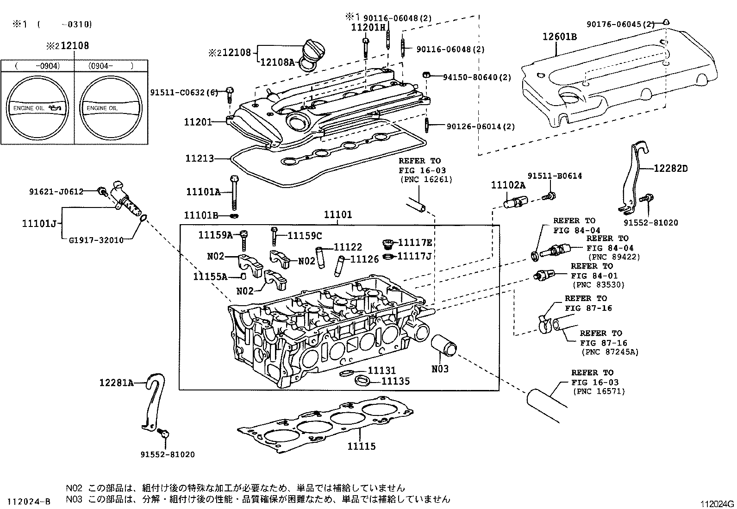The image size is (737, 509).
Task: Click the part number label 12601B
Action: [x=560, y=37]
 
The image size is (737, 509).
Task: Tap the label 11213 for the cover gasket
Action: [x=200, y=159]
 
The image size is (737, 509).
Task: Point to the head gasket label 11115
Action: [x=362, y=446]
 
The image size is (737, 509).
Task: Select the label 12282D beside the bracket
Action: [x=670, y=169]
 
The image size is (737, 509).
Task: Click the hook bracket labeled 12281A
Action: [x=151, y=403]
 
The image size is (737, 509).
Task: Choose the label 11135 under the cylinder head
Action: [x=395, y=382]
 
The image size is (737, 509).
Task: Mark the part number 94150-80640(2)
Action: [x=477, y=77]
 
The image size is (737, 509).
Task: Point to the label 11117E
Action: [x=415, y=242]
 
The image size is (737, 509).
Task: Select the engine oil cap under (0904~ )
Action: [x=111, y=107]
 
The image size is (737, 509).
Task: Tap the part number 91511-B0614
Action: [x=555, y=176]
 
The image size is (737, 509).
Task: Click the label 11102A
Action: [x=508, y=186]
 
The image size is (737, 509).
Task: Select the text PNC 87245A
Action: [x=609, y=352]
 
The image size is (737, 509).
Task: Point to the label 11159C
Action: [x=304, y=236]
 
